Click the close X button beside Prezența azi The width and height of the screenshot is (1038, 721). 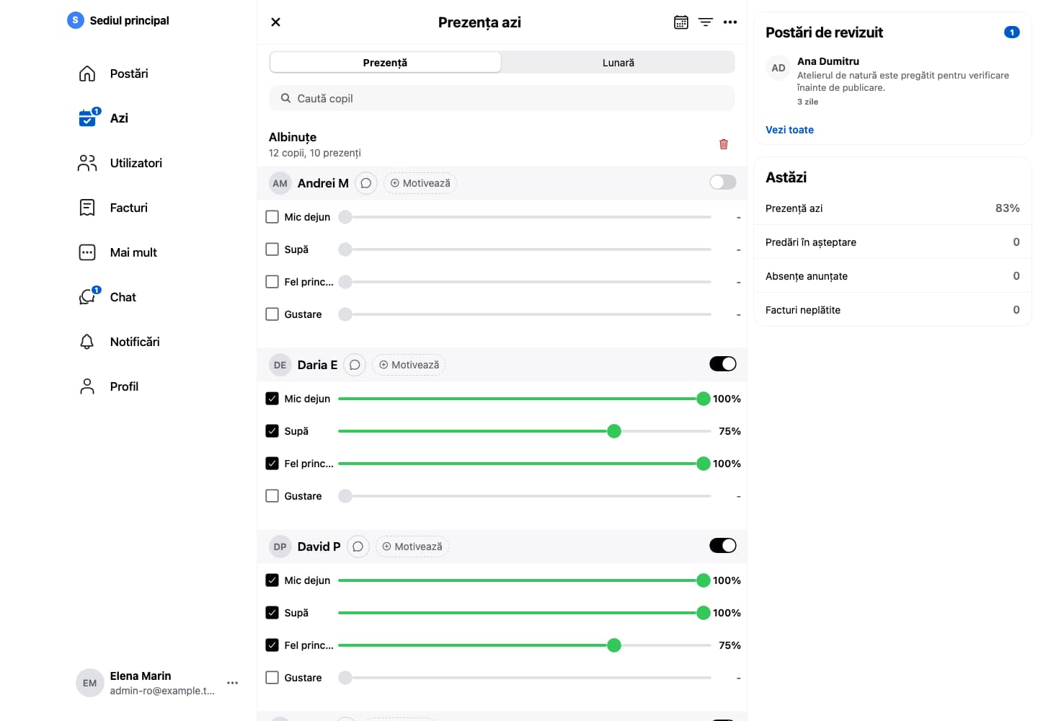click(275, 22)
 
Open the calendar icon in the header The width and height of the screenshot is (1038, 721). click(680, 22)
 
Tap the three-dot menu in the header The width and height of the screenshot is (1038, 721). click(729, 22)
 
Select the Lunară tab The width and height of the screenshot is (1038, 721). click(618, 63)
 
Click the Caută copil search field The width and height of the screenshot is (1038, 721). click(502, 98)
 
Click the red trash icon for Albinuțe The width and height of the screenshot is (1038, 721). click(724, 144)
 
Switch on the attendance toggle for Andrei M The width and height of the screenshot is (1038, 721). click(722, 182)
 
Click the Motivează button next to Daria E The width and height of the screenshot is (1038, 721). click(409, 365)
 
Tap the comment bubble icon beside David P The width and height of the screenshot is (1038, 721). click(358, 547)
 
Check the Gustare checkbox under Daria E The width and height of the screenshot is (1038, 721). click(272, 496)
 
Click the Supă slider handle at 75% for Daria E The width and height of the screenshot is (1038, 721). click(614, 431)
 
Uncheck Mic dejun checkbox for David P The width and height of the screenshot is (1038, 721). click(272, 580)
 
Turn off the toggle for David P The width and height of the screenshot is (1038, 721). click(722, 546)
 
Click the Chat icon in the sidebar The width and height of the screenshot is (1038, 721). click(88, 296)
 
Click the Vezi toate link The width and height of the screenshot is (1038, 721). click(789, 130)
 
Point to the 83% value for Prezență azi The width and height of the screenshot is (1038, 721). click(1008, 208)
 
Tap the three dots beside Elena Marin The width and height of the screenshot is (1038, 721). click(233, 683)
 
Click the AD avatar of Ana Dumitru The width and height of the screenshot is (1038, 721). click(778, 68)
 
